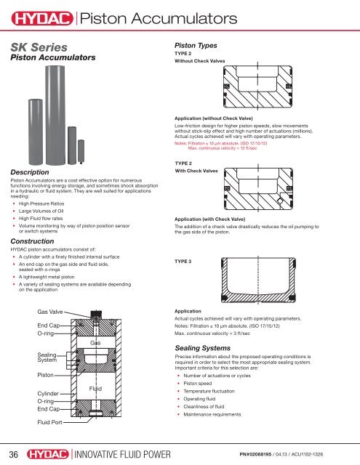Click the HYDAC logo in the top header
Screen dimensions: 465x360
[39, 15]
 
